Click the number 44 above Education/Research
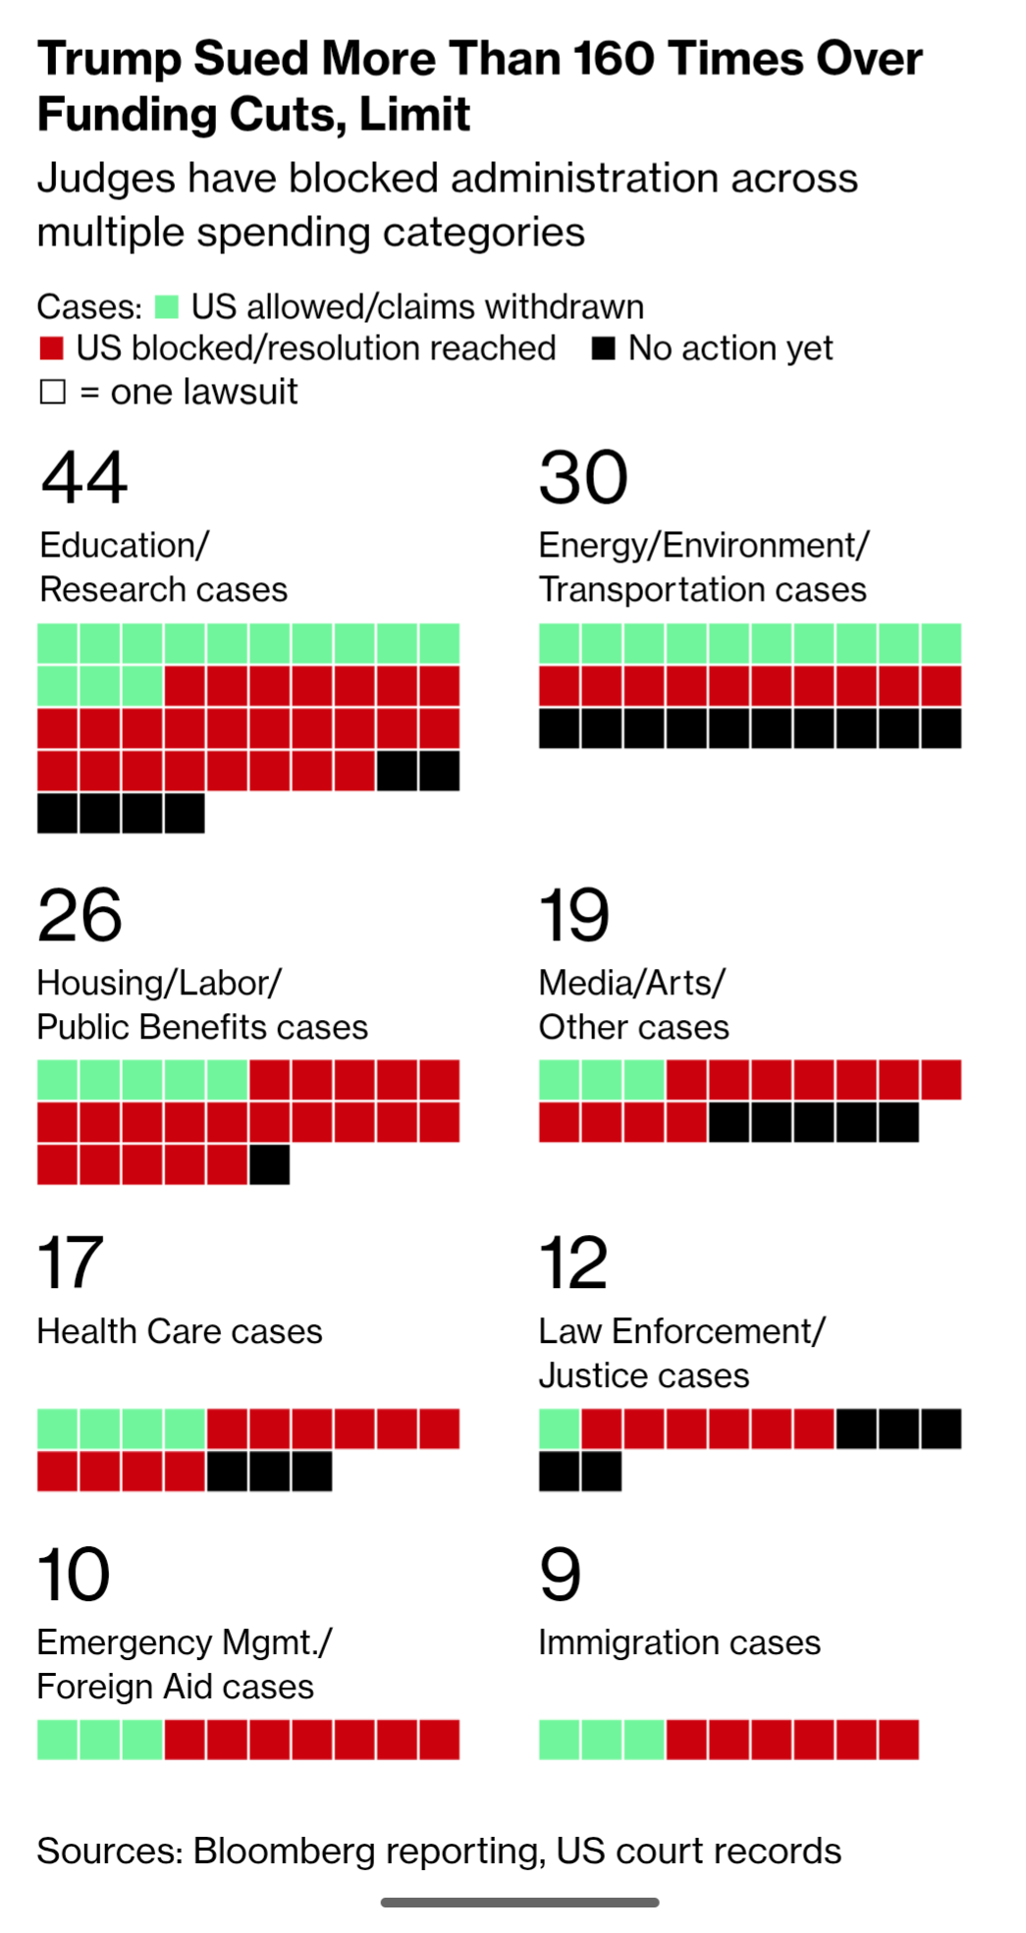83,477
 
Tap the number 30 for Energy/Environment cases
583,477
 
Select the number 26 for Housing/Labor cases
80,915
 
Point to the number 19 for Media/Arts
574,915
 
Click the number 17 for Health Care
70,1262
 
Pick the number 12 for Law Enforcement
573,1262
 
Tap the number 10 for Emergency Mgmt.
74,1575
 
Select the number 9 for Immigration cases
560,1575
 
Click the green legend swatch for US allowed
167,307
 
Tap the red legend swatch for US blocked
51,349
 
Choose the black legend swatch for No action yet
604,349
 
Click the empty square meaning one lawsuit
52,392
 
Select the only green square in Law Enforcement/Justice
560,1429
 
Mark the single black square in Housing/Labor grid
269,1165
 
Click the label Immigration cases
678,1642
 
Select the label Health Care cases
180,1331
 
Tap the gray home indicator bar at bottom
519,1903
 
